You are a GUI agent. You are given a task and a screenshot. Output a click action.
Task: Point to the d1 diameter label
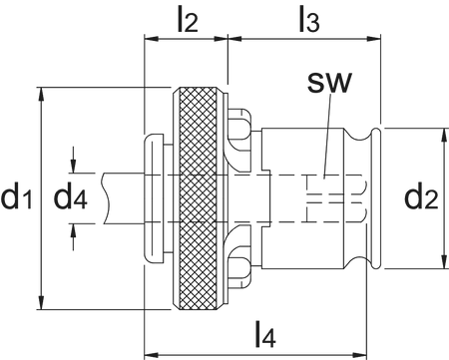(x=17, y=198)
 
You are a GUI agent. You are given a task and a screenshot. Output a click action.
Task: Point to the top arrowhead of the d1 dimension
(x=41, y=93)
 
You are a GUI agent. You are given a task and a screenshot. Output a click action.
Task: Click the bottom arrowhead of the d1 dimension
(x=41, y=303)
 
